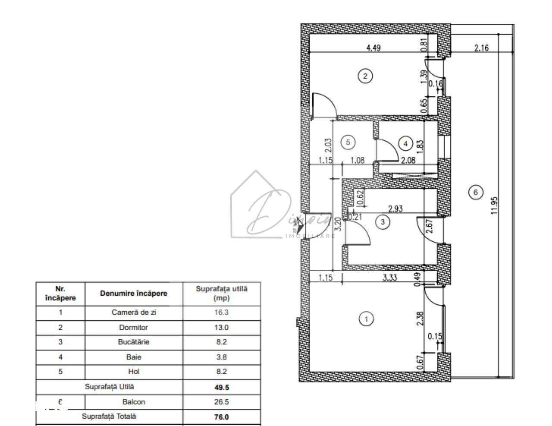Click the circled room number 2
(x=365, y=76)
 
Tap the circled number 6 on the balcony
(x=476, y=192)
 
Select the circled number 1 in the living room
(x=366, y=319)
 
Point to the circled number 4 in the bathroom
(x=405, y=142)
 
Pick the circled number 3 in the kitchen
(x=383, y=222)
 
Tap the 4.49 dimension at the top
(x=373, y=48)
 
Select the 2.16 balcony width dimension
(x=481, y=48)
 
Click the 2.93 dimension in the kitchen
(x=395, y=209)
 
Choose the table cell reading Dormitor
(x=134, y=327)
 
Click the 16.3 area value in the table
(x=221, y=312)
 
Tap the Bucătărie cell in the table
(x=134, y=342)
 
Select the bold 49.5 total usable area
(x=221, y=387)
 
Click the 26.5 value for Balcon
(x=221, y=402)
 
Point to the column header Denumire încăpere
(x=134, y=293)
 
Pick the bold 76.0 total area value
(x=221, y=417)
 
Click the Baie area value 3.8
(x=221, y=357)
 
